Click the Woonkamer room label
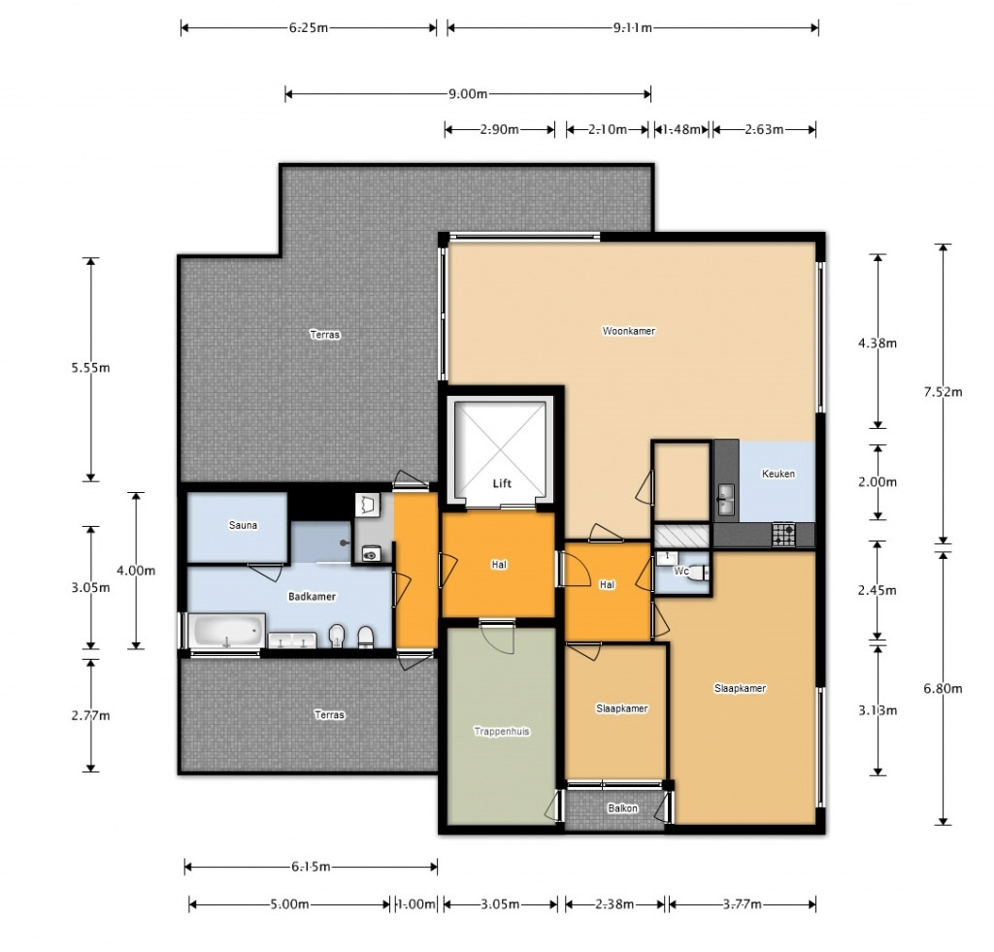click(x=628, y=330)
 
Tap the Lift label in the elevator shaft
click(x=502, y=483)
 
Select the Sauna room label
click(x=243, y=525)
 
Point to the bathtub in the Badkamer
click(x=226, y=631)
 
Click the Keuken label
click(x=778, y=474)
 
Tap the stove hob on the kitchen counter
click(x=783, y=534)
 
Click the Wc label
click(x=680, y=571)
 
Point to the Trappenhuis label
click(x=502, y=731)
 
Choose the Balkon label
click(x=622, y=808)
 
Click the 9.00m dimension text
click(x=468, y=94)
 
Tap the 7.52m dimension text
click(x=943, y=392)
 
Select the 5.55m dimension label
click(x=90, y=368)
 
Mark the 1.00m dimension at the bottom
click(x=415, y=903)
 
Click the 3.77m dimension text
click(x=743, y=903)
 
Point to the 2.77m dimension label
click(x=90, y=715)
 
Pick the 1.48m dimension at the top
click(x=681, y=129)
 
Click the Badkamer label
click(x=312, y=597)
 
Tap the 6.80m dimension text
click(x=943, y=688)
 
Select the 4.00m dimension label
click(x=136, y=571)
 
